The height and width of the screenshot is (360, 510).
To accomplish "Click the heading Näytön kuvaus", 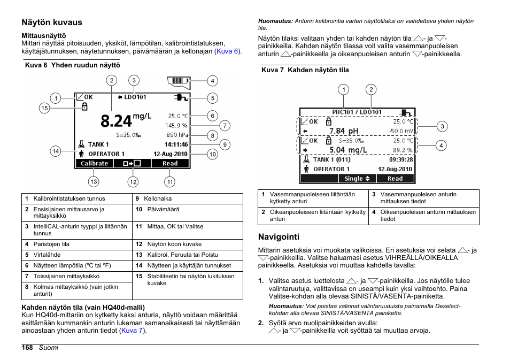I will (x=52, y=22).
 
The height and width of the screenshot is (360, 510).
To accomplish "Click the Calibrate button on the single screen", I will (x=94, y=164).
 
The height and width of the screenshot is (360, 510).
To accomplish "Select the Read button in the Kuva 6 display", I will (x=170, y=164).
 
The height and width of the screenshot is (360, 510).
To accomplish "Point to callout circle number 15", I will (x=44, y=109).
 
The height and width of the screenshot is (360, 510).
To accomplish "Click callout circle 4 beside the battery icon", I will (x=212, y=81).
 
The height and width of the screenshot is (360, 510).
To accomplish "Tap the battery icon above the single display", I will (x=178, y=81).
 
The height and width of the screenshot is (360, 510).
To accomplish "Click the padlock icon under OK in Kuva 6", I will (x=84, y=107).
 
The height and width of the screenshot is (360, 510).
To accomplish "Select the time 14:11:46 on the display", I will (x=176, y=144).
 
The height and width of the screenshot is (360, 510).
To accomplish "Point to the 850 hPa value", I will (x=177, y=135).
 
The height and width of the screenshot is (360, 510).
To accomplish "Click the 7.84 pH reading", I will (x=344, y=131).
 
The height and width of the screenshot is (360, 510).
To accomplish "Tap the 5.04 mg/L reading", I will (x=348, y=150).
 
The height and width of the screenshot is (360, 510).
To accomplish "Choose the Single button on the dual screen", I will (x=357, y=179).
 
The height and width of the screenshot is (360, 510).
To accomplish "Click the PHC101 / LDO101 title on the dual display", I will (x=357, y=112).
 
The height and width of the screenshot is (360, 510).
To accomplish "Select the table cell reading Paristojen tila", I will (x=51, y=244).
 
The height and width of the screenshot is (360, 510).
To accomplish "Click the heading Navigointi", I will (x=279, y=236).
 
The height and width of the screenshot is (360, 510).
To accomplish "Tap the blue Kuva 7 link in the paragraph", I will (x=132, y=331).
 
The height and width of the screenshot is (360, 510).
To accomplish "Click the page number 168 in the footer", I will (x=28, y=348).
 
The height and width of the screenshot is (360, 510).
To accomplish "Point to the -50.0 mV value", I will (x=401, y=131).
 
